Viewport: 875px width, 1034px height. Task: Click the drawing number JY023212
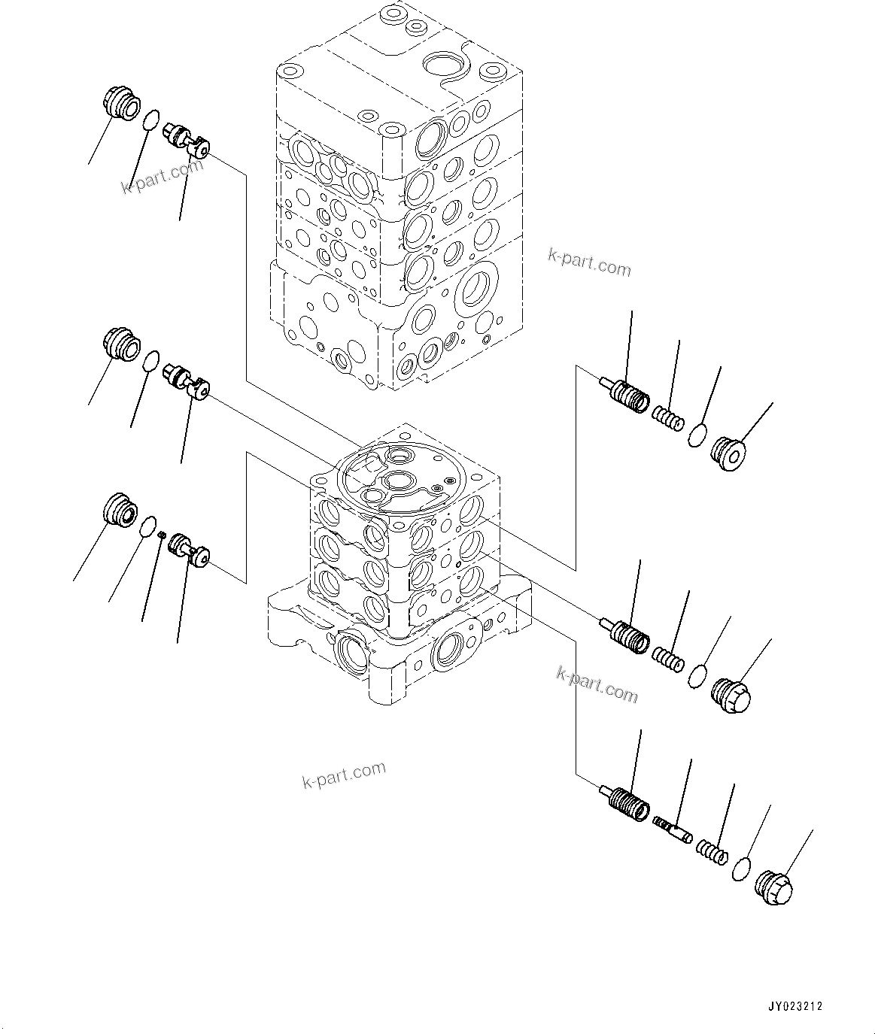pos(795,1005)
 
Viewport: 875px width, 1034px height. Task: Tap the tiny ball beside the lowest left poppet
pos(161,534)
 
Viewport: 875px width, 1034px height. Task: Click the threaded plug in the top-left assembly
pos(120,104)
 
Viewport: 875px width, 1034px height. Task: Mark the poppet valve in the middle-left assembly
pos(188,379)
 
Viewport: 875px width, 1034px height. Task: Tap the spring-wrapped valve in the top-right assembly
pos(627,395)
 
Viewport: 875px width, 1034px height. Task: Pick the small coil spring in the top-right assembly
pos(667,418)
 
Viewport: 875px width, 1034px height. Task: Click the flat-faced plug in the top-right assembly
pos(728,452)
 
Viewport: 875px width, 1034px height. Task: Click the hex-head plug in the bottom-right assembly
pos(774,894)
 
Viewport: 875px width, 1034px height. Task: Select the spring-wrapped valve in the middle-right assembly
pos(627,635)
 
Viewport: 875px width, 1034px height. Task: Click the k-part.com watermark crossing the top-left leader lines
pos(162,176)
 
